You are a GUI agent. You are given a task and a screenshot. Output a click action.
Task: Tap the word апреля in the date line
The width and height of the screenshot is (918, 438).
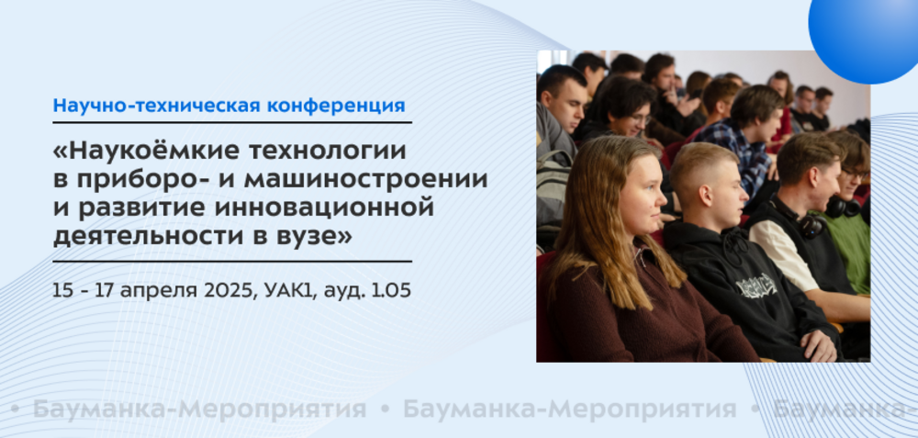164,292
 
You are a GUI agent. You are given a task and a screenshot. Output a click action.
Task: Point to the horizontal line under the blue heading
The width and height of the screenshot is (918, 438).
232,122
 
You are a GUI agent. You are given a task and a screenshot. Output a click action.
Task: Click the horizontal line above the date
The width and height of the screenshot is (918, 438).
232,261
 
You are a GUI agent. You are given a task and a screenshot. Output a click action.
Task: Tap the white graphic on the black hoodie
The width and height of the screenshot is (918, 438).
756,286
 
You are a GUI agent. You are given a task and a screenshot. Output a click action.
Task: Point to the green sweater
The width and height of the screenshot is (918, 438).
848,246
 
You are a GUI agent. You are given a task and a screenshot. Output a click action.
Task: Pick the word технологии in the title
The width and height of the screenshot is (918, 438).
328,152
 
